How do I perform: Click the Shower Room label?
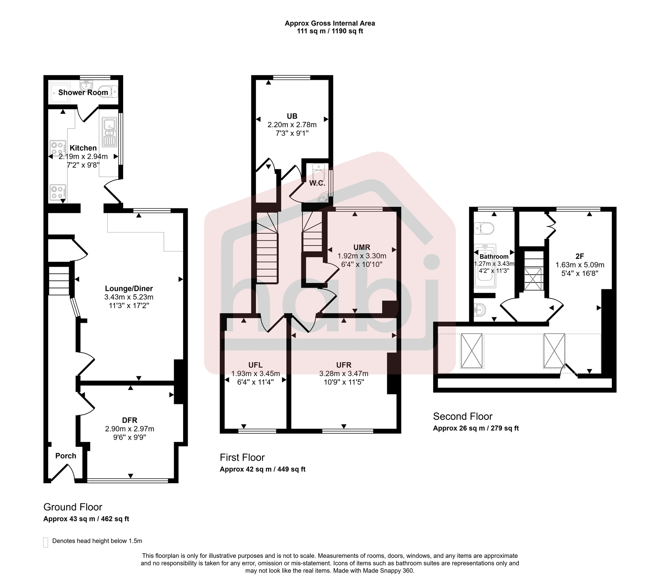83,92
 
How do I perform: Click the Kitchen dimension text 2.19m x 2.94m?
83,157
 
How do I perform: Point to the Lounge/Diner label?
129,288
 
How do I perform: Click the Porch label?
66,456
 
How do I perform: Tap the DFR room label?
129,420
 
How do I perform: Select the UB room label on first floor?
292,116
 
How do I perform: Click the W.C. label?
317,183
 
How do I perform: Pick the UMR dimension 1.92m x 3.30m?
362,256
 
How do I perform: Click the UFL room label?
255,365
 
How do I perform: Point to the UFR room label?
344,365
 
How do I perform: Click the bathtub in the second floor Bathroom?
485,266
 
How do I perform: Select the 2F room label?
579,256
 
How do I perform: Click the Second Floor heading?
462,416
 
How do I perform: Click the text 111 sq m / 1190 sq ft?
330,31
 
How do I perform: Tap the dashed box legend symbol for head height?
46,542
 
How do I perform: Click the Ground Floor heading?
73,507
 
